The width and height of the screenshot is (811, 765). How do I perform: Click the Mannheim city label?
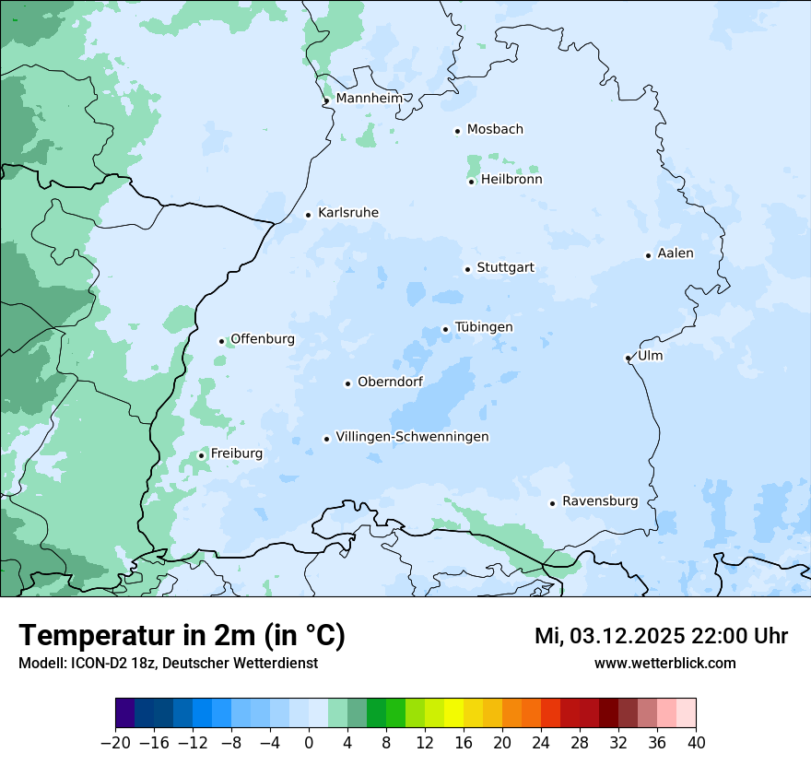point(369,98)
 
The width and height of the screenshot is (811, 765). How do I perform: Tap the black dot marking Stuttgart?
point(467,269)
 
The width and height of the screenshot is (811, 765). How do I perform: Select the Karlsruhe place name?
point(347,213)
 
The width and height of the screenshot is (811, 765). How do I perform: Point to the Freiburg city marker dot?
point(201,455)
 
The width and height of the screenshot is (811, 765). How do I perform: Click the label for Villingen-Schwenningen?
point(412,437)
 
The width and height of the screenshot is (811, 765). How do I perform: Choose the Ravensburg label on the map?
point(599,501)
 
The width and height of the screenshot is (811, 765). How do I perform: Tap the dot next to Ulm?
point(628,358)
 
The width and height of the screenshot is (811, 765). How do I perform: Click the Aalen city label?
point(675,253)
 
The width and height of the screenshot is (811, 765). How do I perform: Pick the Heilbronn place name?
point(511,180)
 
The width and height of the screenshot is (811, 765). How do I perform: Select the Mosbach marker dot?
point(457,131)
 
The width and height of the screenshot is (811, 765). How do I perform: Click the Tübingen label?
point(483,327)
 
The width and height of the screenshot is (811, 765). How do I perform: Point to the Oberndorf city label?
point(390,382)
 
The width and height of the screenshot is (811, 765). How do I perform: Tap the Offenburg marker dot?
point(221,341)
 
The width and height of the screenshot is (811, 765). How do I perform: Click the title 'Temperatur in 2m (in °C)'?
point(182,635)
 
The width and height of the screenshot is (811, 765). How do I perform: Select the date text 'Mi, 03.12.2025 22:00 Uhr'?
point(661,636)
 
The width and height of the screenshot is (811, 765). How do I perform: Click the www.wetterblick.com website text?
point(664,663)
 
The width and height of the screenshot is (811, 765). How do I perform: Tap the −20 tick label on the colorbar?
point(115,743)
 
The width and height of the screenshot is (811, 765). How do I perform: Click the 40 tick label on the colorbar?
point(696,743)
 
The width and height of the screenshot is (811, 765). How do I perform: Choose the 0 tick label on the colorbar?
point(309,743)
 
